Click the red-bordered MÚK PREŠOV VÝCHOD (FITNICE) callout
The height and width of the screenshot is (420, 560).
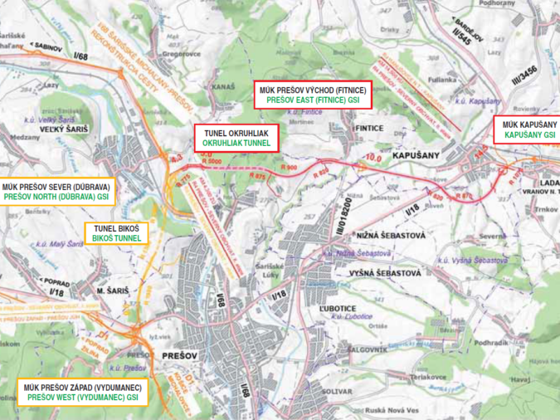point(311,94)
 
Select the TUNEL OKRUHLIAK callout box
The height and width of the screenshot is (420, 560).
point(236,138)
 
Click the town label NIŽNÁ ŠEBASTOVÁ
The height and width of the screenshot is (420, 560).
point(392,236)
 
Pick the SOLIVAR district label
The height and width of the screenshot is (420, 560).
point(338,388)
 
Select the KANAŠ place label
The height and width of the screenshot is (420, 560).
point(225,86)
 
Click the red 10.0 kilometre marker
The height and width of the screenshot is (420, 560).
point(373,155)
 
